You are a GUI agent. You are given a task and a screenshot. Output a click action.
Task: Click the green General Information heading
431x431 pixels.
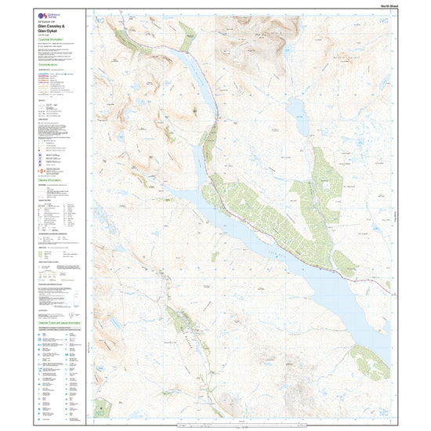[51, 179]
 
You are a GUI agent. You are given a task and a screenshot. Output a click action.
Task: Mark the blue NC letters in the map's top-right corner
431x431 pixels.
[382, 26]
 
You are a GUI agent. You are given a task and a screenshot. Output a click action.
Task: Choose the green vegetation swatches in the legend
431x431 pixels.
[47, 254]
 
